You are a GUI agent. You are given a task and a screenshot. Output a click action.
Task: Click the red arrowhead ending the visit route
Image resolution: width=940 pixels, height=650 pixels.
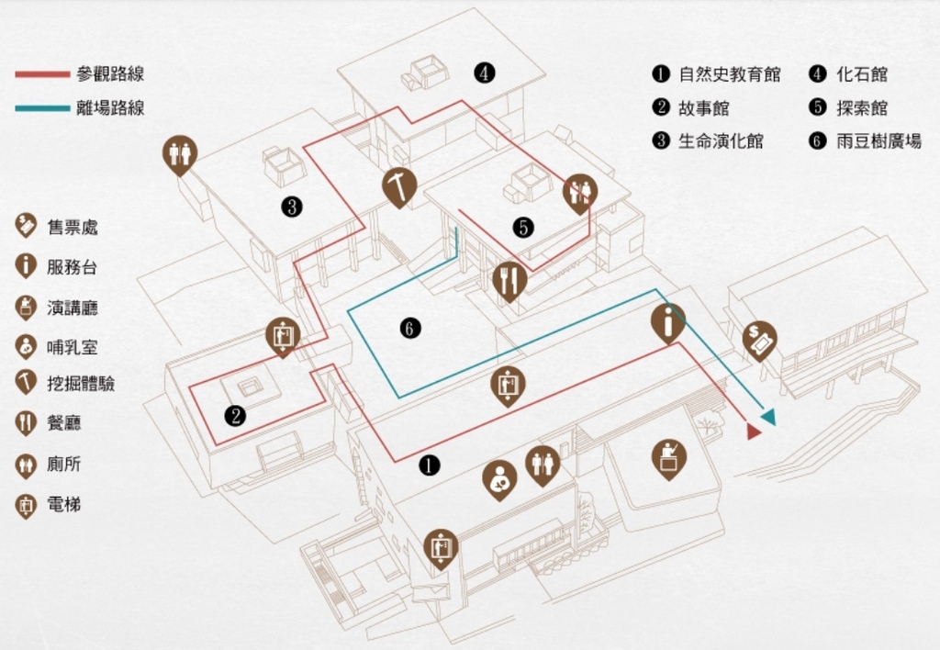pos(754,431)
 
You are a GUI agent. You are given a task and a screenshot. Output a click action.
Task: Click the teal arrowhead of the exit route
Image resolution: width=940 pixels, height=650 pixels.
pos(768,418)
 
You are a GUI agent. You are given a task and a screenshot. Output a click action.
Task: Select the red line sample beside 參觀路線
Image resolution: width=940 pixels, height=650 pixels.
pos(42,74)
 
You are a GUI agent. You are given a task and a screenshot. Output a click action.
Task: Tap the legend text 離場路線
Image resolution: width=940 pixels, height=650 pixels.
pos(111,108)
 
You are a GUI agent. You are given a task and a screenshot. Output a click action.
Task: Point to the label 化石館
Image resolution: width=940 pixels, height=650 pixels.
pos(861,74)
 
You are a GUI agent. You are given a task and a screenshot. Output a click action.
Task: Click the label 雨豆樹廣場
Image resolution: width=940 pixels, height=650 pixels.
pos(878,141)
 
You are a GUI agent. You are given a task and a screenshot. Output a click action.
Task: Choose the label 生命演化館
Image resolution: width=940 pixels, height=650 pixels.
pos(721,141)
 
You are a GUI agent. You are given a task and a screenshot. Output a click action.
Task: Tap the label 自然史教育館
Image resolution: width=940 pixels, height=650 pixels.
pos(730,74)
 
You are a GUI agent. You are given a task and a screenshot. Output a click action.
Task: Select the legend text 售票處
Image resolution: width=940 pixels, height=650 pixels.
pos(73,228)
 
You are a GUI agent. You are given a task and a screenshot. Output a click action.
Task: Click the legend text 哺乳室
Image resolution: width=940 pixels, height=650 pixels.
pos(73,347)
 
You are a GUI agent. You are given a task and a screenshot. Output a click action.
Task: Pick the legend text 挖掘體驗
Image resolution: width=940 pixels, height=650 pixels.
pos(81,384)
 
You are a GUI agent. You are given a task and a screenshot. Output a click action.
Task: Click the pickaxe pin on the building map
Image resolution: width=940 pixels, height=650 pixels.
pos(399,187)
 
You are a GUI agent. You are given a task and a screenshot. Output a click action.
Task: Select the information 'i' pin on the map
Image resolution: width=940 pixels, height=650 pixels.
pos(668,324)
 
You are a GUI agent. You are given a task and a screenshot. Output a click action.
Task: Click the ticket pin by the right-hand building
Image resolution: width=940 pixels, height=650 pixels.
pos(759,342)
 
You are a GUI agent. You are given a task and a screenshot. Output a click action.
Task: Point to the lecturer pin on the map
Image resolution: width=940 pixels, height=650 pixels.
pos(669,459)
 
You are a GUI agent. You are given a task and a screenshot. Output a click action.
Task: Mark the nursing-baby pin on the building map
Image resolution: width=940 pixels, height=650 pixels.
pos(500,481)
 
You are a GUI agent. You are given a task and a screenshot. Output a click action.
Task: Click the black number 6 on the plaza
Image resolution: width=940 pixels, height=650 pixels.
pos(410,328)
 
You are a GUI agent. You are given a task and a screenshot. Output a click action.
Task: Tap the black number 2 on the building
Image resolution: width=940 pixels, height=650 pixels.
pos(235,416)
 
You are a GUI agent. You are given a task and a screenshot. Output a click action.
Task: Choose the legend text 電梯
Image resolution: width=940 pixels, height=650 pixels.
pos(64,505)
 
